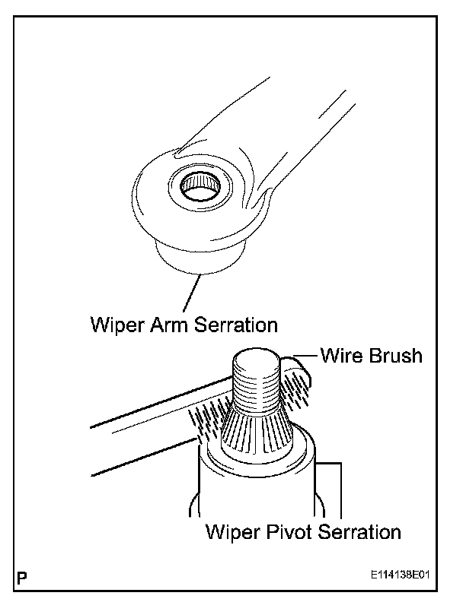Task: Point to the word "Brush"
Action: pyautogui.click(x=393, y=356)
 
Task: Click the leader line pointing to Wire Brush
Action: pyautogui.click(x=301, y=354)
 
